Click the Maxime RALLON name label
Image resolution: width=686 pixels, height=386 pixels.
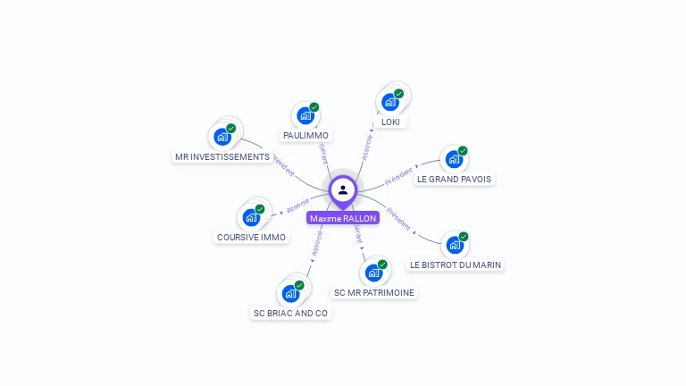click(343, 218)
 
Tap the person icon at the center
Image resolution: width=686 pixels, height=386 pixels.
click(343, 189)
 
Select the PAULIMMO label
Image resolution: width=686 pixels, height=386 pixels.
click(305, 136)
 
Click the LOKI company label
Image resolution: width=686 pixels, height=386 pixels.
click(389, 122)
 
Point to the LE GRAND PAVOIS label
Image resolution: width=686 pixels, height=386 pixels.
click(454, 179)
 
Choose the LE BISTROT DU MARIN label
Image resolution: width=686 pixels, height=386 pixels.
click(456, 264)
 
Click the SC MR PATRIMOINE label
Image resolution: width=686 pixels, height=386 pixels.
click(374, 292)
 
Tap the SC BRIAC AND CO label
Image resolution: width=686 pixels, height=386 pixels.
click(290, 314)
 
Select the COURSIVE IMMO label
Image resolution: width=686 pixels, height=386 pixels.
click(252, 238)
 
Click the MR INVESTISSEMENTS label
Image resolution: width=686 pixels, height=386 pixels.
click(222, 157)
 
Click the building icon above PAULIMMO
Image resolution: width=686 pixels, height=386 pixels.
click(305, 115)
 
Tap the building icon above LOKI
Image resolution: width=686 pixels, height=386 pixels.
click(390, 101)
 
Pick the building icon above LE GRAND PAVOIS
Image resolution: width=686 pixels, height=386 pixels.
click(454, 159)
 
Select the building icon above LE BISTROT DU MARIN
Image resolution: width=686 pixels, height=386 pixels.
click(455, 244)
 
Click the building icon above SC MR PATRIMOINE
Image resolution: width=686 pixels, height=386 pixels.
click(373, 272)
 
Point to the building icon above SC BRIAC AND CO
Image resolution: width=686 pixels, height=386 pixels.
click(290, 293)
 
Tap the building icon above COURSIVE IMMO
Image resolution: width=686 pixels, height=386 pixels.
click(251, 217)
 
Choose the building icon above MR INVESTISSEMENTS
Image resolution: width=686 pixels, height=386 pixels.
click(222, 137)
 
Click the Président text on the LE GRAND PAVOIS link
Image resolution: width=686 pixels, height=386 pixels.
click(398, 175)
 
